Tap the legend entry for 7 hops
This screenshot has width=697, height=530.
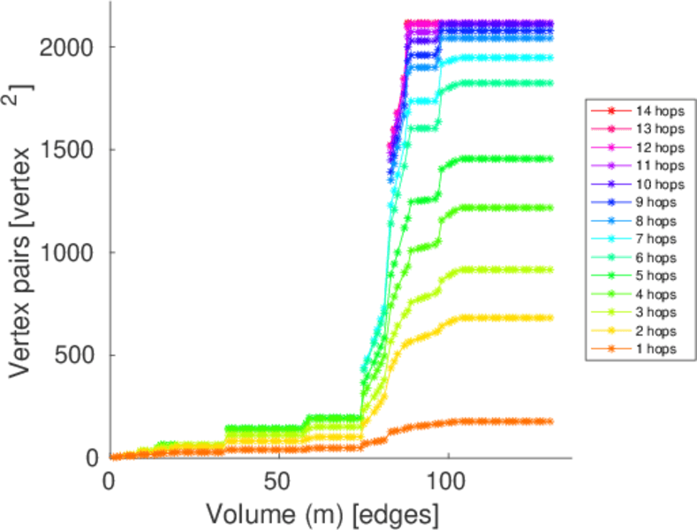(655, 239)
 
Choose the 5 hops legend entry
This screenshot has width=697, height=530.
(655, 276)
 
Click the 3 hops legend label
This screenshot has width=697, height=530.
(655, 313)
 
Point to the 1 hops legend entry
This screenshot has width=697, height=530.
(655, 349)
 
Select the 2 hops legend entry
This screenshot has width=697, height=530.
(655, 330)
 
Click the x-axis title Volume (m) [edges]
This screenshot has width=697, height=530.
(322, 512)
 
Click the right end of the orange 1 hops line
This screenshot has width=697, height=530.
(549, 421)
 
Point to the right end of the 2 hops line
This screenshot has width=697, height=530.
(549, 317)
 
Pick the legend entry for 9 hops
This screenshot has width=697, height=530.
(655, 202)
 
